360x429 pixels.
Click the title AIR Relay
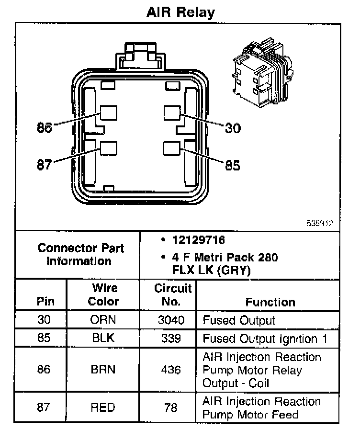[x=180, y=12]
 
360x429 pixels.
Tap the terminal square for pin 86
[x=109, y=113]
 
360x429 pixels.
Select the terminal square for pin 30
[x=171, y=113]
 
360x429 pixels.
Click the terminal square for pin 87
[x=109, y=148]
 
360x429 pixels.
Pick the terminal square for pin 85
[x=171, y=148]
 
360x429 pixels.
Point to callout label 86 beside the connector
[x=45, y=128]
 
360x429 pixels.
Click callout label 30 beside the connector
[x=233, y=128]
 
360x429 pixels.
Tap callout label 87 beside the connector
[x=45, y=165]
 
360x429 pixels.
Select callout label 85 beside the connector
[x=233, y=165]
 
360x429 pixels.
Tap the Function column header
[x=270, y=302]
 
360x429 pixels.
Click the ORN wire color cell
[x=103, y=320]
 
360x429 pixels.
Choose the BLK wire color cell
[x=103, y=338]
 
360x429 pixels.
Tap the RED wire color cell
[x=103, y=407]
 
